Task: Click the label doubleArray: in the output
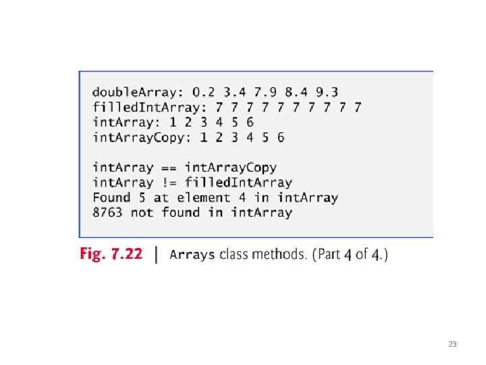138,91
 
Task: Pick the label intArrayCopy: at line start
142,137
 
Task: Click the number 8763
108,212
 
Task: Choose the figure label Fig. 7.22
111,254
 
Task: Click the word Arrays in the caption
193,255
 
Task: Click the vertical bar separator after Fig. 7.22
157,254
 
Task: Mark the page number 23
452,345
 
